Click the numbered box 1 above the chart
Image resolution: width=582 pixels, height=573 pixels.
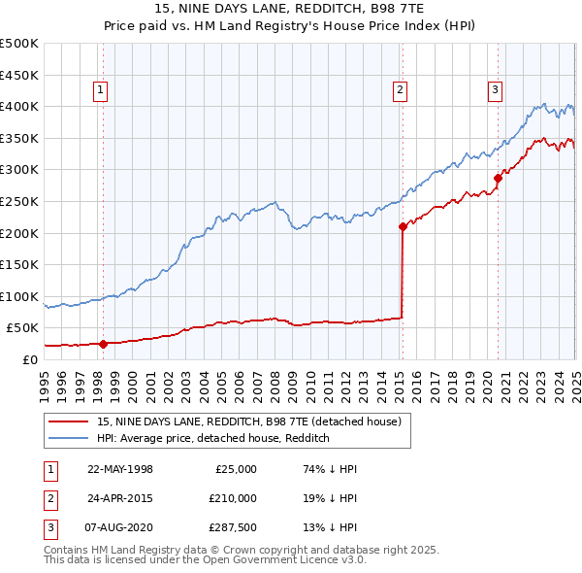click(x=101, y=91)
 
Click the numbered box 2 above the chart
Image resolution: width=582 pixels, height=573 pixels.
click(x=400, y=91)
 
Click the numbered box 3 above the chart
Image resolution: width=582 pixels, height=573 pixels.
click(x=495, y=91)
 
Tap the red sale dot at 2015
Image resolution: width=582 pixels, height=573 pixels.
click(x=403, y=226)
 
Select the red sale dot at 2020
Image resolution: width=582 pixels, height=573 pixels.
click(x=498, y=178)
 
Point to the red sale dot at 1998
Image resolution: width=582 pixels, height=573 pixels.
click(x=103, y=343)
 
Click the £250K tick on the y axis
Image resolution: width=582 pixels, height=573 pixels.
click(x=19, y=201)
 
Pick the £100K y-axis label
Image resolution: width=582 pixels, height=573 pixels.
click(x=19, y=296)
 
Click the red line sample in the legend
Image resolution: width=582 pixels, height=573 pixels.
click(x=68, y=421)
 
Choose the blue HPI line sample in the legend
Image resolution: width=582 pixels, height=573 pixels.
click(x=68, y=438)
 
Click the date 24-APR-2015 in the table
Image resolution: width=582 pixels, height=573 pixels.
click(x=120, y=498)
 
